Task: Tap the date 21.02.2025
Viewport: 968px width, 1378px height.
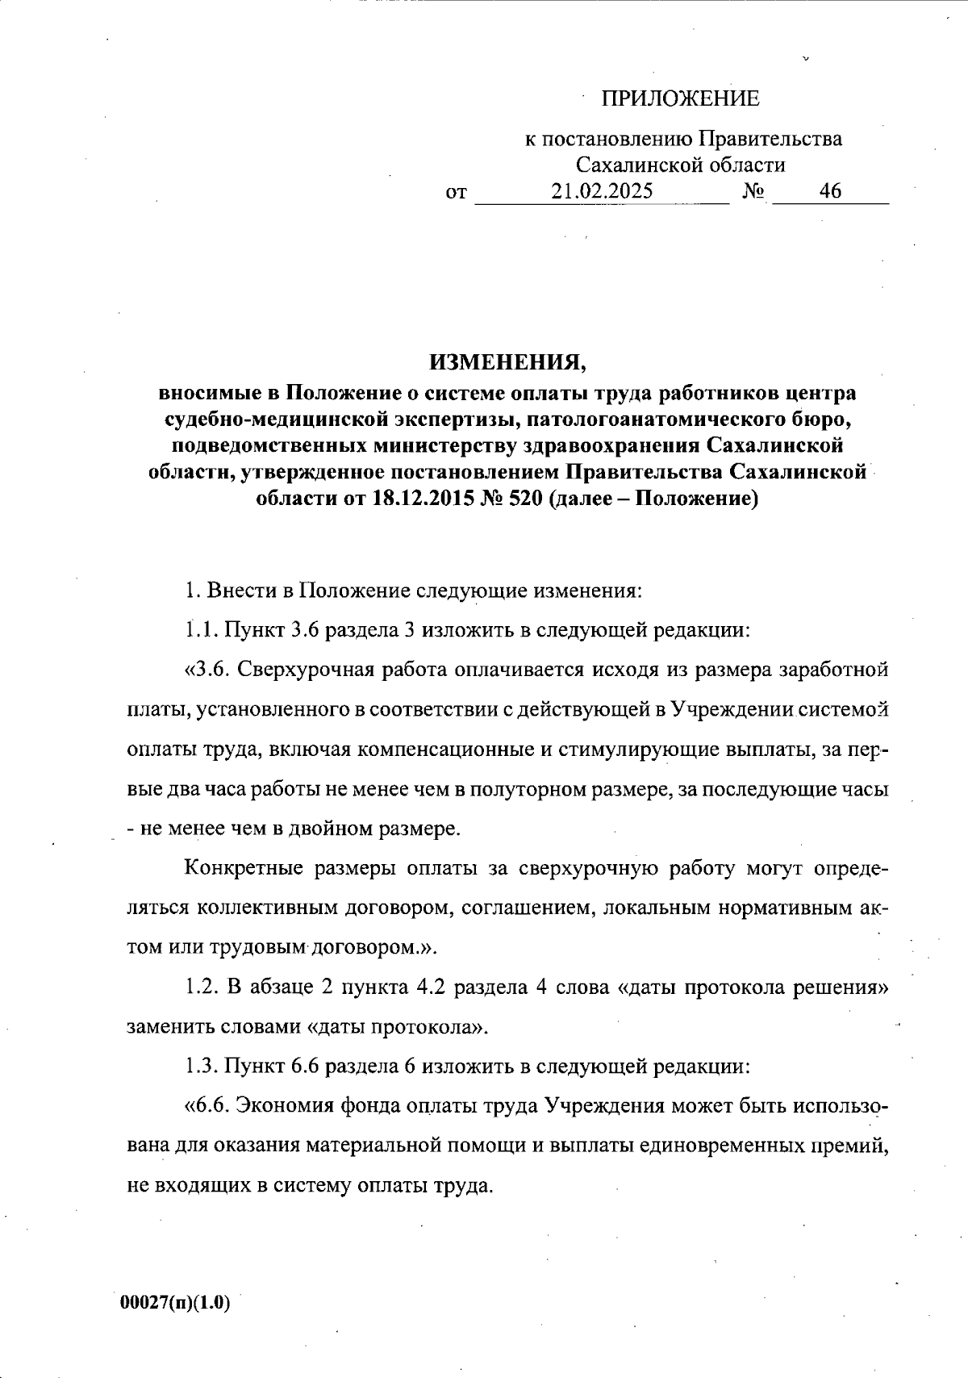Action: [x=602, y=191]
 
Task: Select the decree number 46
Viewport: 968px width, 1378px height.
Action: [x=829, y=191]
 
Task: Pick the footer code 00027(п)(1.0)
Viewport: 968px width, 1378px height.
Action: [x=175, y=1304]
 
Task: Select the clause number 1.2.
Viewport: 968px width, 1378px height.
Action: [x=199, y=988]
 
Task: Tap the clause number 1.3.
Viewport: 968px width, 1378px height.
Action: [x=199, y=1067]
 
